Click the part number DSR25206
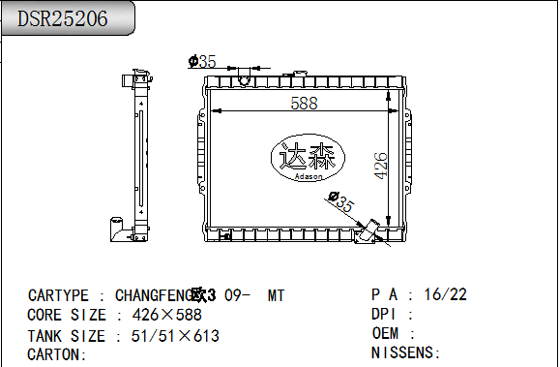(x=63, y=18)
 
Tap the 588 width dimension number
(x=304, y=104)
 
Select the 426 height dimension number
(x=380, y=166)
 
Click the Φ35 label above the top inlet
(x=202, y=61)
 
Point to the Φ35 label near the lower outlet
(x=341, y=201)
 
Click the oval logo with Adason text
(x=308, y=158)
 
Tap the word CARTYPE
(x=58, y=295)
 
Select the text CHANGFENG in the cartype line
(x=155, y=295)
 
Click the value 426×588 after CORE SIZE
(x=167, y=315)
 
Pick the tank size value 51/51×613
(x=175, y=336)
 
